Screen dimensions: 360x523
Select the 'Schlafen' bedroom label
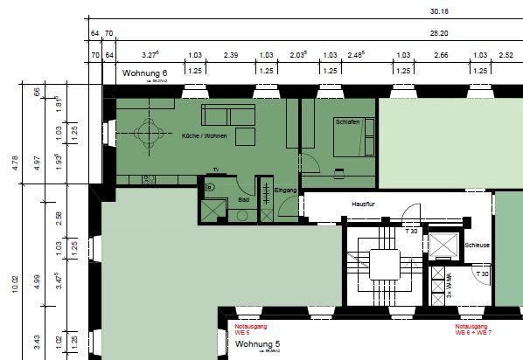(x=347, y=122)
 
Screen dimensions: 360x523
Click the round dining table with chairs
(x=151, y=133)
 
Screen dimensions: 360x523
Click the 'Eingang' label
(x=285, y=190)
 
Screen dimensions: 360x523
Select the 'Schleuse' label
(x=479, y=246)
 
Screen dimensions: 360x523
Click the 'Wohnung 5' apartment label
(x=259, y=345)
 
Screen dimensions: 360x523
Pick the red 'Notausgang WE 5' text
(x=251, y=329)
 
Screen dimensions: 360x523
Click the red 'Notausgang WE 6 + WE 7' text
(x=473, y=329)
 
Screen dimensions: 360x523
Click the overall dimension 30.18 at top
(x=439, y=12)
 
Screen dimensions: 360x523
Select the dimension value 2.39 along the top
(x=231, y=55)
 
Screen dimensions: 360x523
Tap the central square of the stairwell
(x=384, y=263)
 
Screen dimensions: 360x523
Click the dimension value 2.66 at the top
(x=441, y=55)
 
